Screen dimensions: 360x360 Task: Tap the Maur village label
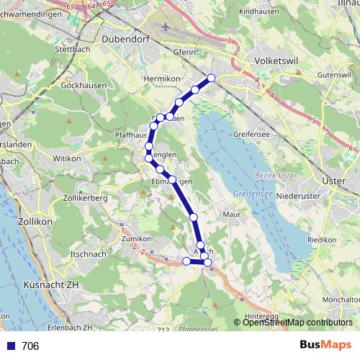pyautogui.click(x=231, y=214)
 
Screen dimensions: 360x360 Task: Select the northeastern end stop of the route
pyautogui.click(x=212, y=78)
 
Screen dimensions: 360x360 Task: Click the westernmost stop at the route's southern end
pyautogui.click(x=186, y=261)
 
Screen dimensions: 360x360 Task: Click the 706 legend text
pyautogui.click(x=30, y=346)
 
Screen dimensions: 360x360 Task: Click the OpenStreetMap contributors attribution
pyautogui.click(x=296, y=322)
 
